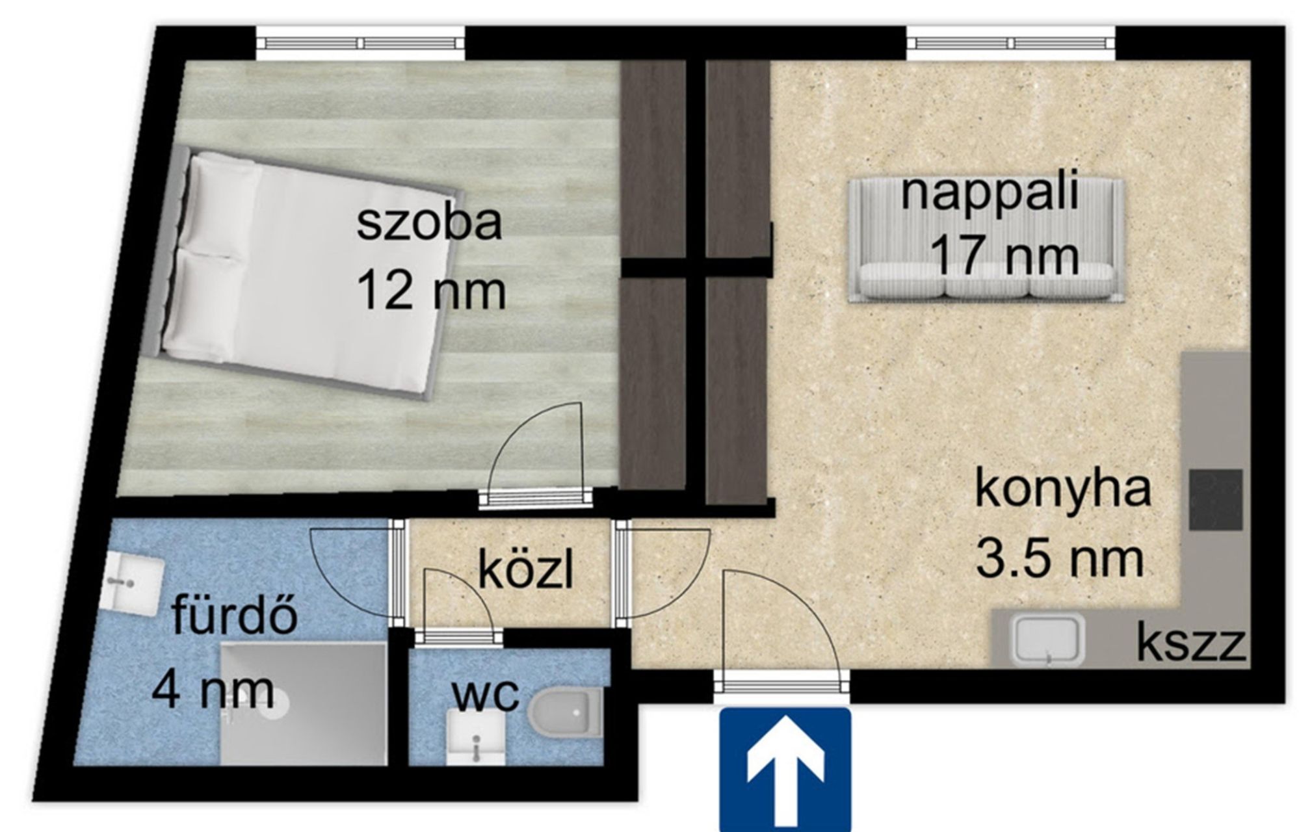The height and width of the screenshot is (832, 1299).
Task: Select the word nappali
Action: point(990,194)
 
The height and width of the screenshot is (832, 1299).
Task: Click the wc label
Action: point(486,695)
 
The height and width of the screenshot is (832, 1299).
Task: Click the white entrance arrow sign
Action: point(785,770)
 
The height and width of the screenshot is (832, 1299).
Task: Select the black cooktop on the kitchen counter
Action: point(1216,499)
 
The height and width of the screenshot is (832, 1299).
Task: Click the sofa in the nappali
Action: point(986,240)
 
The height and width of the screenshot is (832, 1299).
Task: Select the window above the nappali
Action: point(1011,44)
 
